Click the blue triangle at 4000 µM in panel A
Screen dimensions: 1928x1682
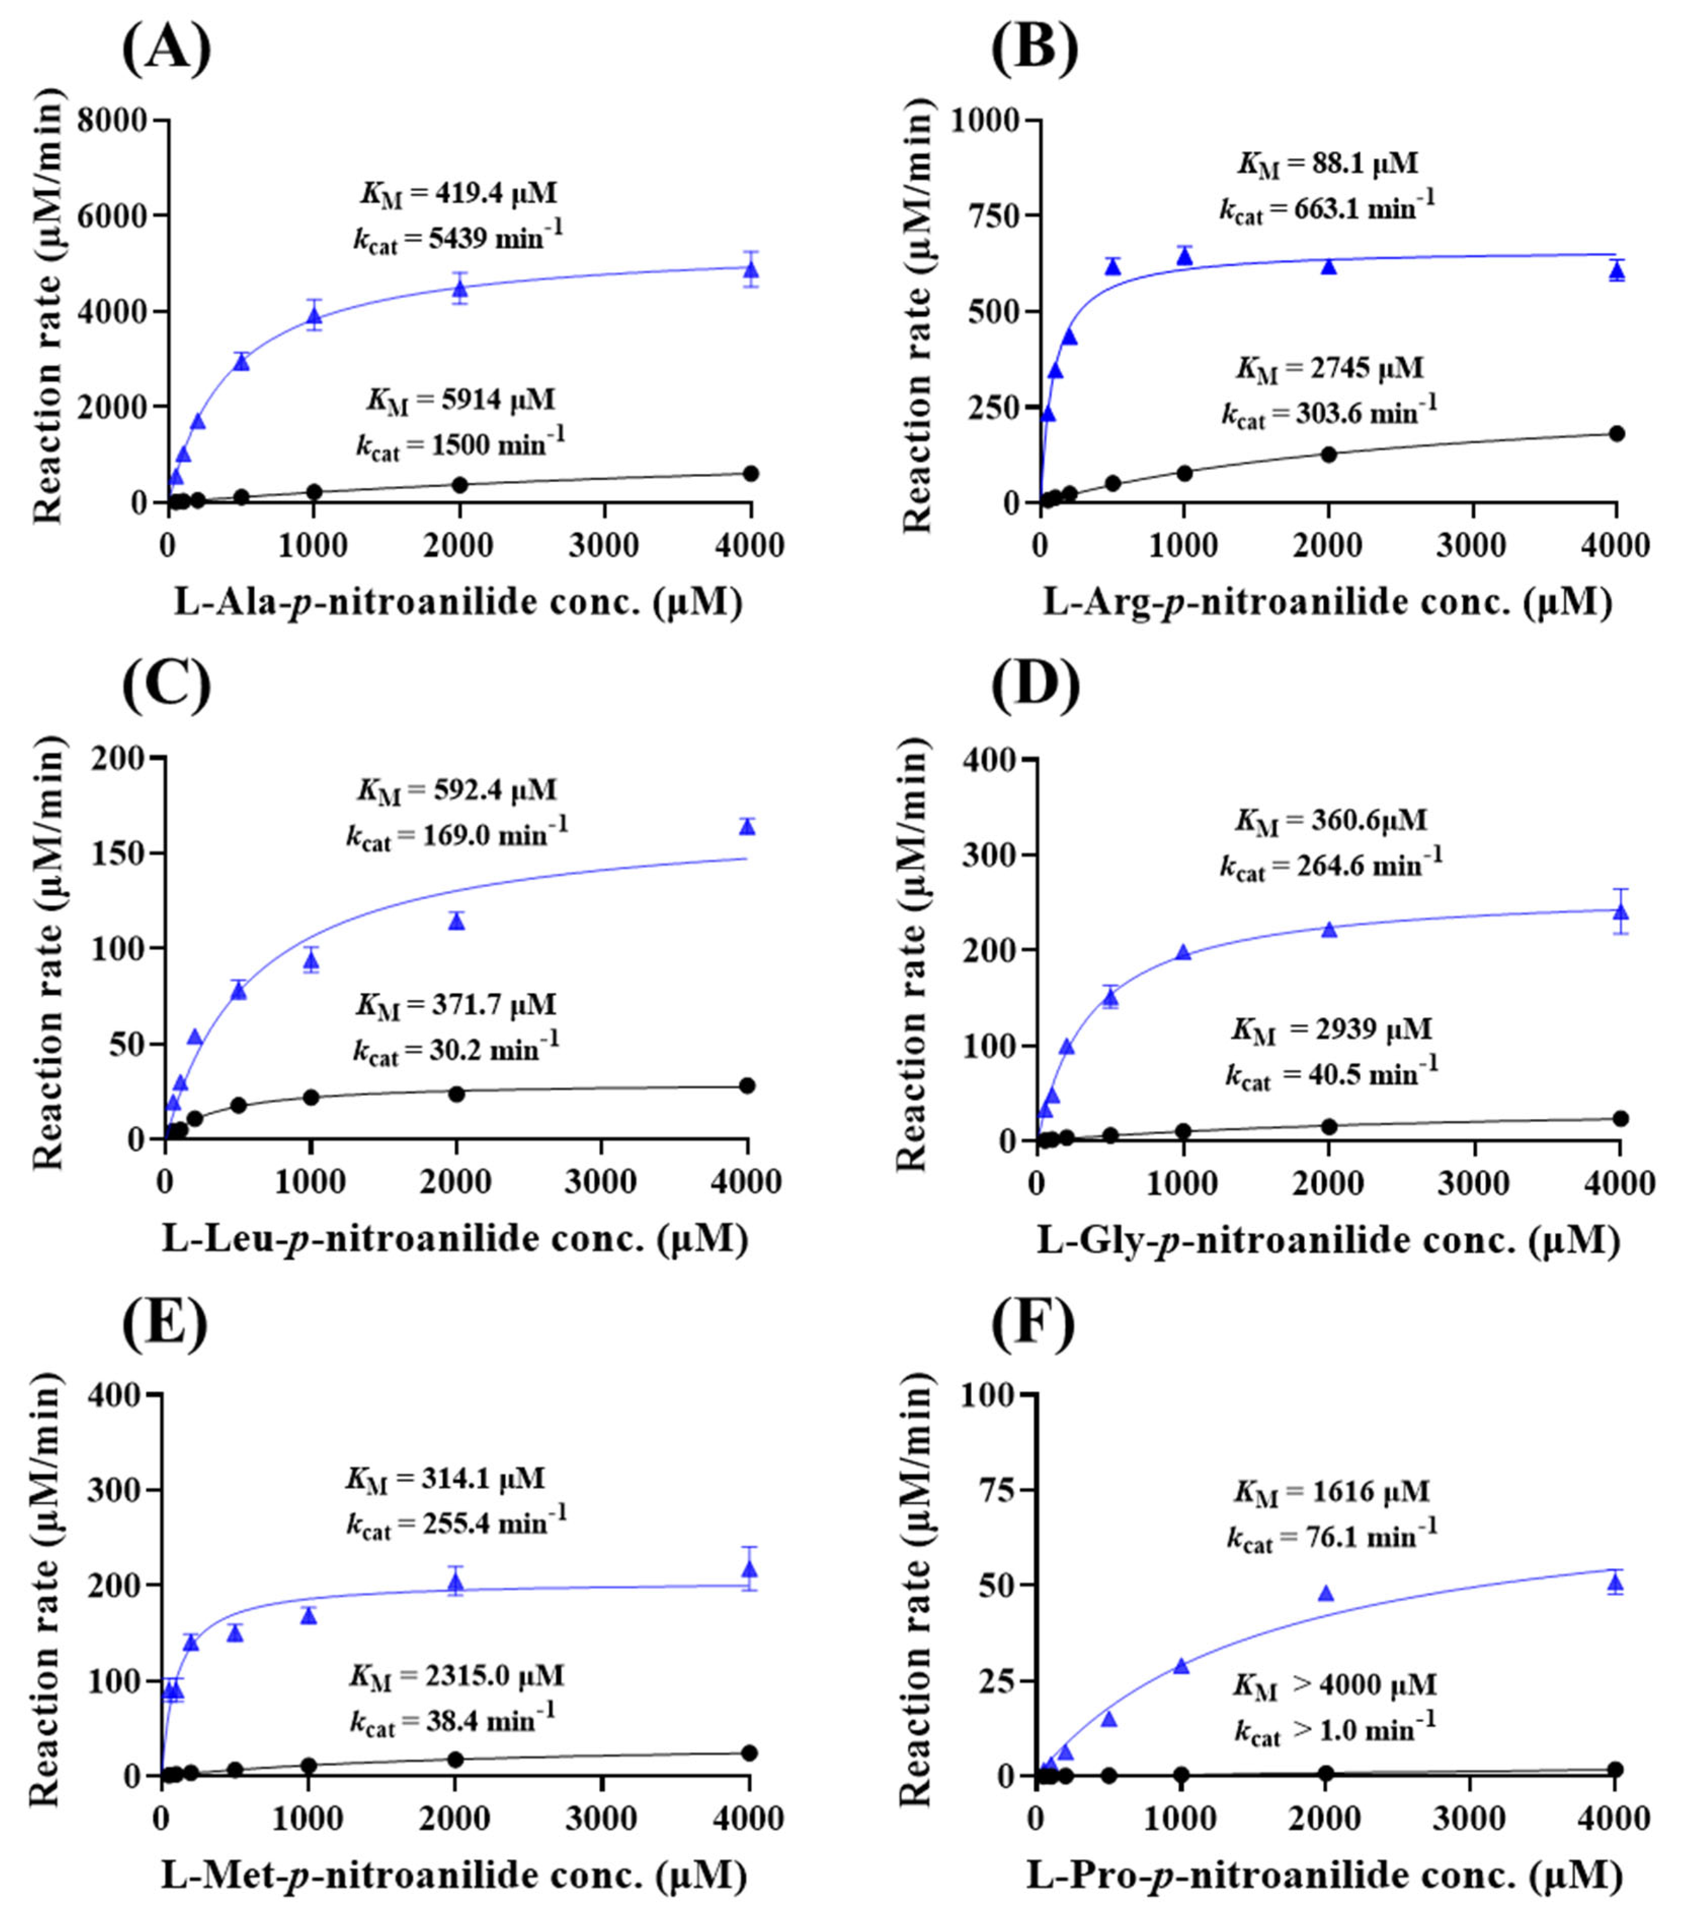[x=750, y=271]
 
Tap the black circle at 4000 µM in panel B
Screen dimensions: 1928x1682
[x=1616, y=434]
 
